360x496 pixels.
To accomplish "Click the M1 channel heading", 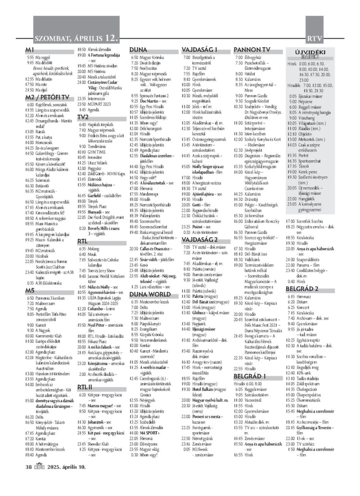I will [31, 49].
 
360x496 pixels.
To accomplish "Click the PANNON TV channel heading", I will [252, 49].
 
